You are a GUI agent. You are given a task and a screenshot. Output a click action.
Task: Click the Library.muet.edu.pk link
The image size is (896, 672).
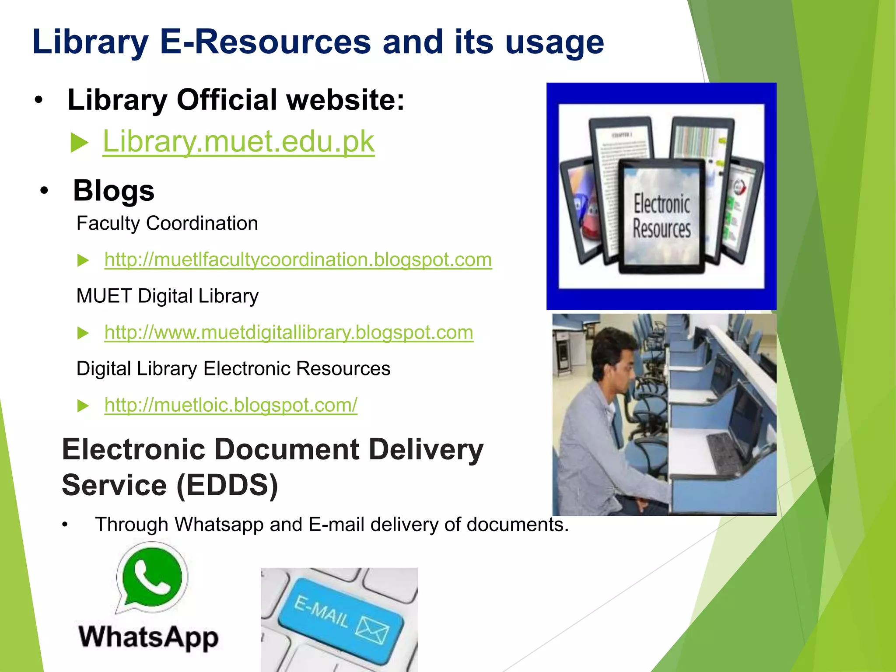(238, 141)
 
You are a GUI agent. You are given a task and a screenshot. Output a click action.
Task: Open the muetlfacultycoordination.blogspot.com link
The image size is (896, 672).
(298, 259)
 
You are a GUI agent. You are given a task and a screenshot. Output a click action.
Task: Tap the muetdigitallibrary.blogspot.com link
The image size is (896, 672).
(289, 332)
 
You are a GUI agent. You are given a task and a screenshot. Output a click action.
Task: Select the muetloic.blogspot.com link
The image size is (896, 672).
(231, 405)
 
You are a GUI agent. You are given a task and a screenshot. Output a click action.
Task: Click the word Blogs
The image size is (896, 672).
(114, 191)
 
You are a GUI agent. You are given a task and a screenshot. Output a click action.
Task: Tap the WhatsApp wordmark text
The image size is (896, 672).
(148, 637)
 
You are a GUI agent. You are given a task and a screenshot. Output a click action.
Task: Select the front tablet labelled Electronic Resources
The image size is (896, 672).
(661, 216)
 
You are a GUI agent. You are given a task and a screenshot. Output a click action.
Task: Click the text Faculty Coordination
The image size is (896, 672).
(167, 224)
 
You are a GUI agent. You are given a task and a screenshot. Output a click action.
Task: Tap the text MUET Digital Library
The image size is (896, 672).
(167, 296)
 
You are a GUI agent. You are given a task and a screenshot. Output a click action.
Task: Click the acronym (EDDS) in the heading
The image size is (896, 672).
(227, 485)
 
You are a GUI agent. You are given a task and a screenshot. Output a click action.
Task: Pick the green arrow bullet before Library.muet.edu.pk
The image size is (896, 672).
(79, 143)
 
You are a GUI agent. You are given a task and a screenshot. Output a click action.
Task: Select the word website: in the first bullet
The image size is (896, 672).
(345, 100)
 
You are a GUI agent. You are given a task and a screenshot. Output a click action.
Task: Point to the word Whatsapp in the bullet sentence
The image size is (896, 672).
(219, 525)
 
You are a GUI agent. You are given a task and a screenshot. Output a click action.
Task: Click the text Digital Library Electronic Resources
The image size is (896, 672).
(233, 369)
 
